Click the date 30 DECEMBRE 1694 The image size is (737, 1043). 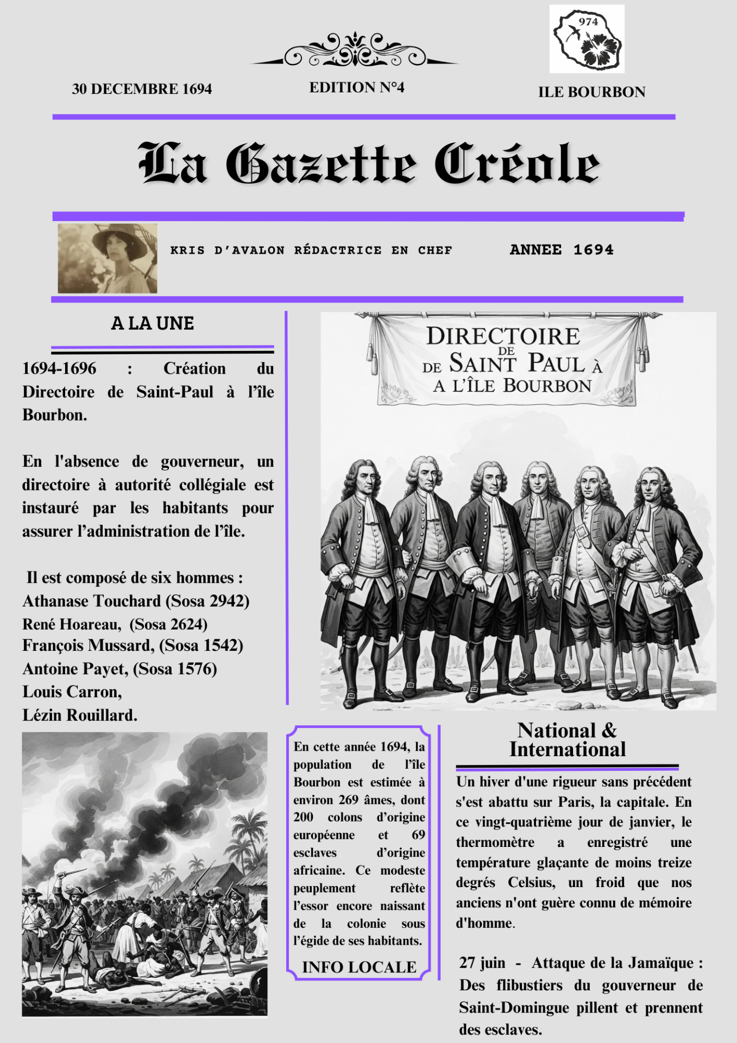(x=142, y=89)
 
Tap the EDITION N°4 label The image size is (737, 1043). (x=356, y=87)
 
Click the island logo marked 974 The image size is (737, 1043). (x=587, y=39)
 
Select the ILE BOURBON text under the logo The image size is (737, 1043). (x=591, y=92)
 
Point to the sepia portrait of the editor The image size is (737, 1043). (x=108, y=259)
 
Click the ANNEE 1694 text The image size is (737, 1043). (x=562, y=250)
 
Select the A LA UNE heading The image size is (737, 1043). (x=153, y=323)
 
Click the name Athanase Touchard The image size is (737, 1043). (x=92, y=601)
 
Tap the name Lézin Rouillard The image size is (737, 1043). (x=79, y=715)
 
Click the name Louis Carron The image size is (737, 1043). (x=72, y=692)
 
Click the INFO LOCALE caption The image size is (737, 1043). (x=359, y=967)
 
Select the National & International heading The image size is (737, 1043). (x=567, y=740)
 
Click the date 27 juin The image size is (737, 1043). (x=482, y=963)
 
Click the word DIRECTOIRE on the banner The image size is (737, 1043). (x=503, y=336)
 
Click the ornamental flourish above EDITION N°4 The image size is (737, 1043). (x=355, y=51)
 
